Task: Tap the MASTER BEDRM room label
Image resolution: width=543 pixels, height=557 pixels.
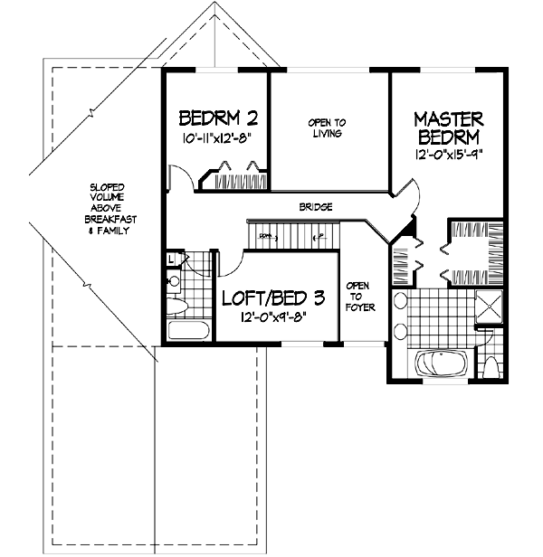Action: (x=449, y=127)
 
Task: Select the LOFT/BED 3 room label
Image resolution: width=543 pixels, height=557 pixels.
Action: (x=273, y=297)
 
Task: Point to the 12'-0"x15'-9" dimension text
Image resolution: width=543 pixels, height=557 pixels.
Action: (x=449, y=155)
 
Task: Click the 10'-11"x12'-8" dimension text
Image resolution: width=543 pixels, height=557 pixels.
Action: (x=214, y=138)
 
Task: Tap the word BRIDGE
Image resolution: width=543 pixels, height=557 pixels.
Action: (x=315, y=207)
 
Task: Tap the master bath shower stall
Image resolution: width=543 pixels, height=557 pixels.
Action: (x=491, y=307)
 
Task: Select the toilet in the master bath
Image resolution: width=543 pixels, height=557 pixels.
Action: (x=491, y=366)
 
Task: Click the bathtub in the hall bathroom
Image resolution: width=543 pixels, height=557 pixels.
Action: (x=188, y=329)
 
